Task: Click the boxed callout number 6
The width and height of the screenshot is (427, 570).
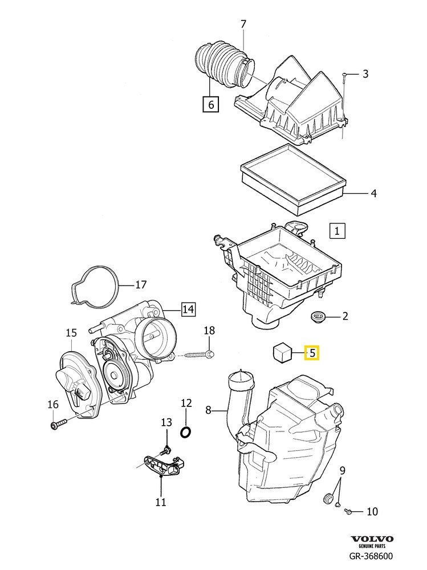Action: click(x=210, y=104)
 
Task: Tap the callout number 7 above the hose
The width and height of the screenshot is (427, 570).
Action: click(x=243, y=24)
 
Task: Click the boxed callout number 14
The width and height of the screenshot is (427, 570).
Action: click(x=188, y=309)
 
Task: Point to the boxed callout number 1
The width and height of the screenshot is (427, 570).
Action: click(x=337, y=231)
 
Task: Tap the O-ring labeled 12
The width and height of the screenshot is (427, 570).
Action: click(x=186, y=431)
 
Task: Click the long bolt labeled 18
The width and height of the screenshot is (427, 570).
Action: click(x=197, y=355)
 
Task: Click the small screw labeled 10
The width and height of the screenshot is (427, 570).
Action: click(x=349, y=512)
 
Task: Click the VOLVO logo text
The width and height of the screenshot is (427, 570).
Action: click(x=372, y=539)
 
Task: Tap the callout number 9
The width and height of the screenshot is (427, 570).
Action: click(x=343, y=471)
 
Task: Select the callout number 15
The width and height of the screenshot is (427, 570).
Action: click(x=71, y=332)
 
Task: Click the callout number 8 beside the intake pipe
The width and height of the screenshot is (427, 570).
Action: click(x=208, y=409)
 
